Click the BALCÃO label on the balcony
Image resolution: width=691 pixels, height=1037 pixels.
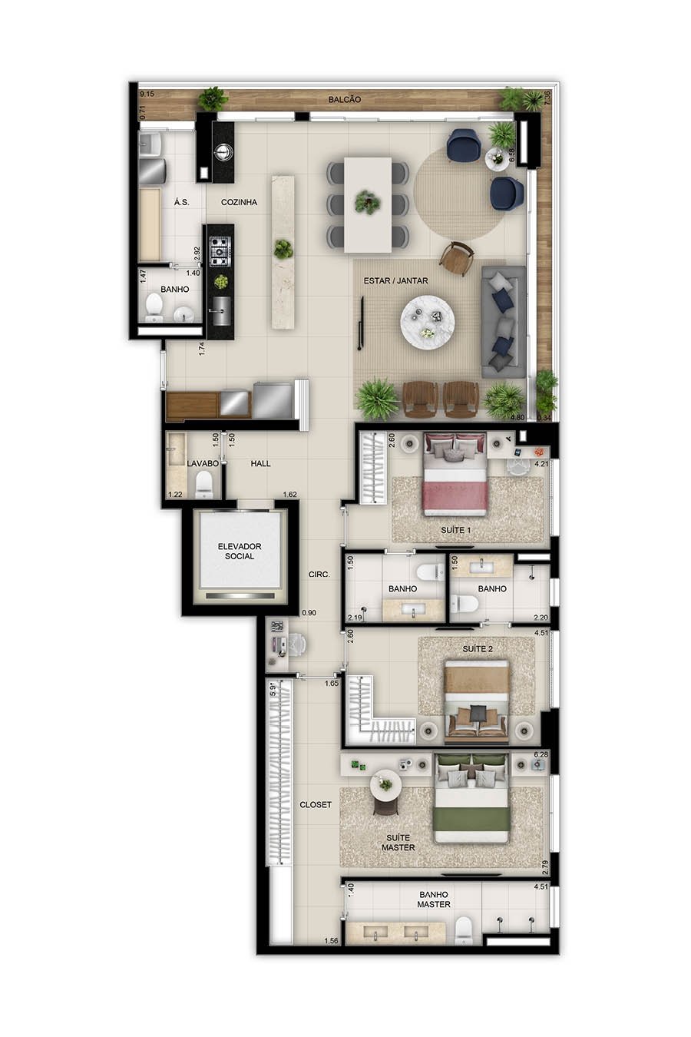point(344,100)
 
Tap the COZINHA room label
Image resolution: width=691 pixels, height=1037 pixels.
point(239,202)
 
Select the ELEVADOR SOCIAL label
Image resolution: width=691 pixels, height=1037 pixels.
point(240,551)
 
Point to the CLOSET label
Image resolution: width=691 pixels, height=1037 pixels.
point(316,804)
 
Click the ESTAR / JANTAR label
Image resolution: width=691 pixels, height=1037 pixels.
point(395,280)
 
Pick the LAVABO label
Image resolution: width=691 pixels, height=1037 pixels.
point(203,463)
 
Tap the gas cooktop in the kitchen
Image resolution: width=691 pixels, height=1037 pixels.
point(220,251)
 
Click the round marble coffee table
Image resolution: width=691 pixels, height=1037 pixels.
point(427,322)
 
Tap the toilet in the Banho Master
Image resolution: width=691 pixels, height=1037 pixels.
point(463,929)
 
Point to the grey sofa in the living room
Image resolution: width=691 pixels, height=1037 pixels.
point(504,322)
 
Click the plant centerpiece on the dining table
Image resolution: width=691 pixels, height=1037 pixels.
point(368,202)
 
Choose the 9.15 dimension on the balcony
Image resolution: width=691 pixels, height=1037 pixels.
point(147,94)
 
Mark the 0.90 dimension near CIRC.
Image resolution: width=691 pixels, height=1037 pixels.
point(309,613)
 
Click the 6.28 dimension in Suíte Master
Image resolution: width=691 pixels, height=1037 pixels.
point(541,754)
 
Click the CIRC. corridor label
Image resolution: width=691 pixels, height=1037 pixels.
point(319,575)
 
